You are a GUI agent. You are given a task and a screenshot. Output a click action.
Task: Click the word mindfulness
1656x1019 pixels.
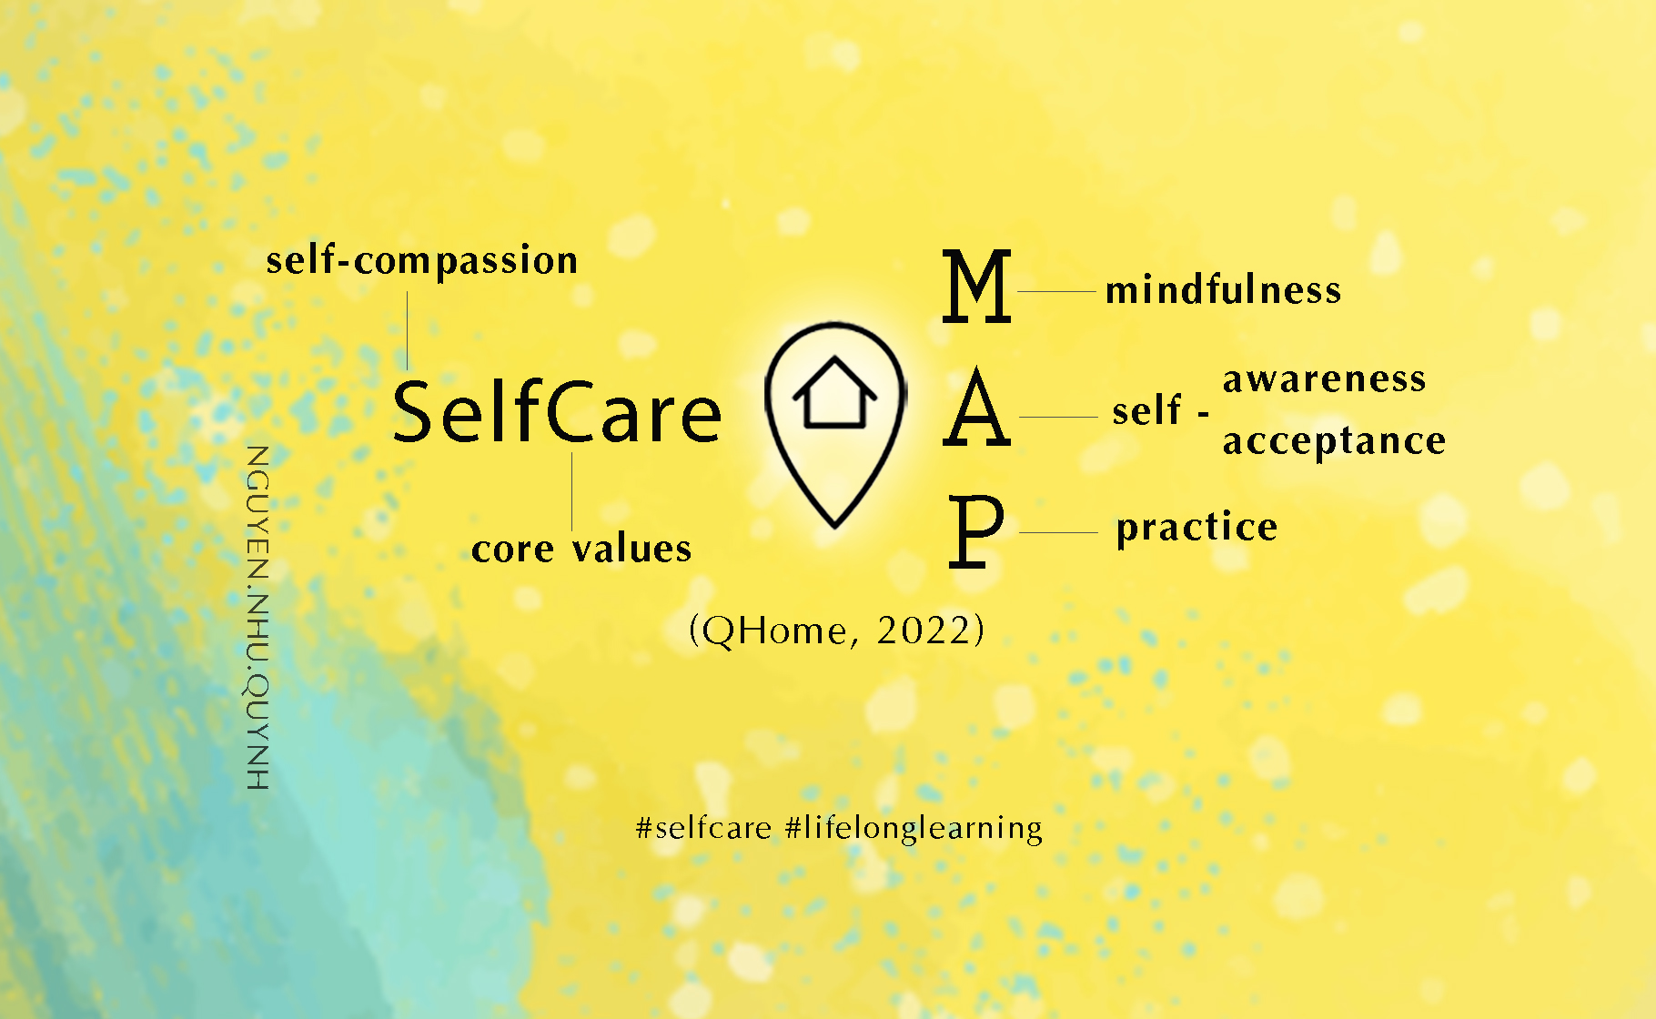pyautogui.click(x=1223, y=290)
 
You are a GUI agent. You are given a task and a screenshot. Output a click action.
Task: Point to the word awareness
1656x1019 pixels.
pyautogui.click(x=1324, y=379)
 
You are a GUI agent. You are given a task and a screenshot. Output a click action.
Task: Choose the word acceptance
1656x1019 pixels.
pyautogui.click(x=1334, y=441)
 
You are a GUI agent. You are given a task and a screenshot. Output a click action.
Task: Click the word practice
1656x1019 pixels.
pyautogui.click(x=1197, y=528)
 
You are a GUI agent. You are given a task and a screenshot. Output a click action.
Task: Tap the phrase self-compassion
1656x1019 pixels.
pyautogui.click(x=422, y=261)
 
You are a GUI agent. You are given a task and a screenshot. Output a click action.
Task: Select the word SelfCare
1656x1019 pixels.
pyautogui.click(x=557, y=412)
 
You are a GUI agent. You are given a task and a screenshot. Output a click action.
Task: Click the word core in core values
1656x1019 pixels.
pyautogui.click(x=512, y=550)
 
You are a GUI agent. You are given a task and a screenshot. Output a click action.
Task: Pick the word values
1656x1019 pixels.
pyautogui.click(x=632, y=550)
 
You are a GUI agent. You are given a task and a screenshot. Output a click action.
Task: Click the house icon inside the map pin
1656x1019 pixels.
pyautogui.click(x=834, y=393)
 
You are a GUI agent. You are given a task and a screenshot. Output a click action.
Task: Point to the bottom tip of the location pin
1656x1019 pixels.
pyautogui.click(x=835, y=524)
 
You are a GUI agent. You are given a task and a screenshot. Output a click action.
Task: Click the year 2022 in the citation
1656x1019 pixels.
pyautogui.click(x=924, y=631)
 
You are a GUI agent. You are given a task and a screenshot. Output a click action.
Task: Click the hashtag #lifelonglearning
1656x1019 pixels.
pyautogui.click(x=914, y=828)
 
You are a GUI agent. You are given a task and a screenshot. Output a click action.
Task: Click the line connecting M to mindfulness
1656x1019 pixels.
pyautogui.click(x=1055, y=291)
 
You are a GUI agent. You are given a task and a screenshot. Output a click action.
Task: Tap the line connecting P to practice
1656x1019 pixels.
pyautogui.click(x=1058, y=532)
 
